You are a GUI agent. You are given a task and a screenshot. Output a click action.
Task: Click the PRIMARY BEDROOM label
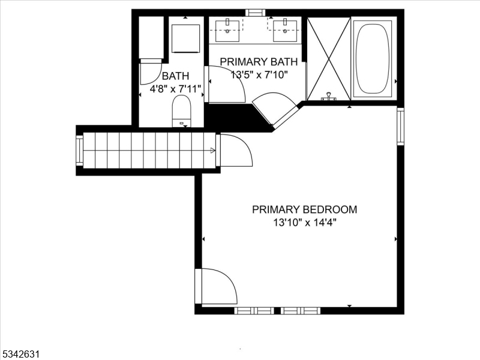pos(304,209)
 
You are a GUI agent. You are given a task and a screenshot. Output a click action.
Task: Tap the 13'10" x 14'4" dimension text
pos(304,223)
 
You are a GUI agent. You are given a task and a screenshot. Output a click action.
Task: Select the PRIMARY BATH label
pos(259,62)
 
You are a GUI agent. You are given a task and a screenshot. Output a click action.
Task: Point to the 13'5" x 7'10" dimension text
pos(259,74)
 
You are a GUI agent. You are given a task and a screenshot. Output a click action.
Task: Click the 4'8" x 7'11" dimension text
pos(175,89)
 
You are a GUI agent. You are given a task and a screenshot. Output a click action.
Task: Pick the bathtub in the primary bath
pos(373,58)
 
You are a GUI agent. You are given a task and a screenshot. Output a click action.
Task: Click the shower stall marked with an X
pos(328,58)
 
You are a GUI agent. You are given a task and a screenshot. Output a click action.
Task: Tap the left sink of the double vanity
pos(227,30)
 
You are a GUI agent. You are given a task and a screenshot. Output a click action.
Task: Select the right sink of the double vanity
pos(285,30)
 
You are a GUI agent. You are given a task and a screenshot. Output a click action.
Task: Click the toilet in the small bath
pos(181,112)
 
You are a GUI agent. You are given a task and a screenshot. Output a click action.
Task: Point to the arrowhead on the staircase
pos(213,151)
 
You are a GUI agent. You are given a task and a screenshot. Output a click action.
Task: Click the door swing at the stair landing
pos(235,151)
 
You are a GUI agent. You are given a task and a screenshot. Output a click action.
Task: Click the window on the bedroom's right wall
pos(400,126)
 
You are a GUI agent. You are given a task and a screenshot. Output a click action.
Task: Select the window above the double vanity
pos(256,12)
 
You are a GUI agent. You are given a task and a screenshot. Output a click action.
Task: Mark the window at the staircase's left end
pos(79,150)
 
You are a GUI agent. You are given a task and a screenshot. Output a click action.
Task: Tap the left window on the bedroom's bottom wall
pos(254,310)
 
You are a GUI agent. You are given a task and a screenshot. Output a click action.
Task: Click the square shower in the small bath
pos(186,38)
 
